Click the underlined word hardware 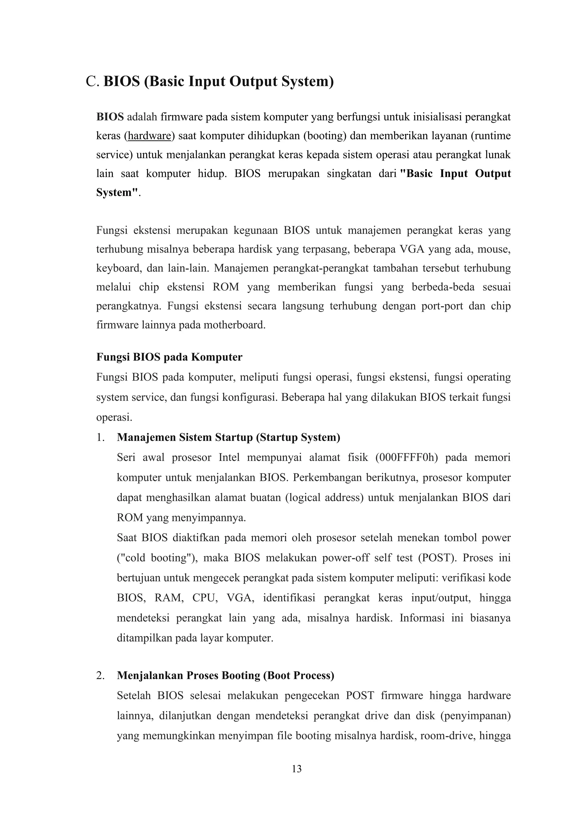(x=149, y=136)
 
